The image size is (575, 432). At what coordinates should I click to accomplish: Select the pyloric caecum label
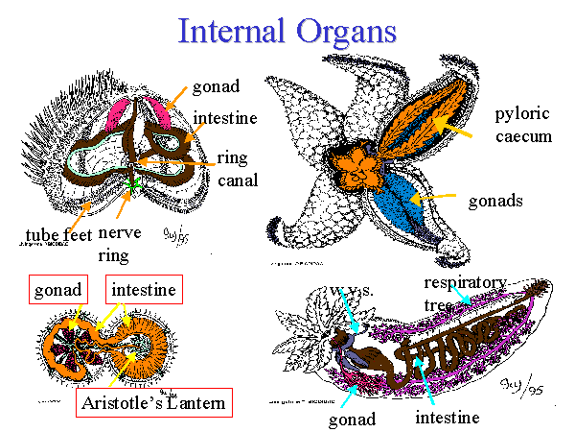pyautogui.click(x=523, y=125)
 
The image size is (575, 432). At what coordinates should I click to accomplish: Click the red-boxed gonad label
pyautogui.click(x=58, y=288)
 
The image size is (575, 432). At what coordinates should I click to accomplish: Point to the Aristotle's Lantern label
pyautogui.click(x=152, y=402)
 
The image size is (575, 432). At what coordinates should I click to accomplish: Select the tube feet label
pyautogui.click(x=57, y=233)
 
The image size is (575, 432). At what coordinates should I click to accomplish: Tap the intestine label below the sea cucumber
pyautogui.click(x=447, y=419)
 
